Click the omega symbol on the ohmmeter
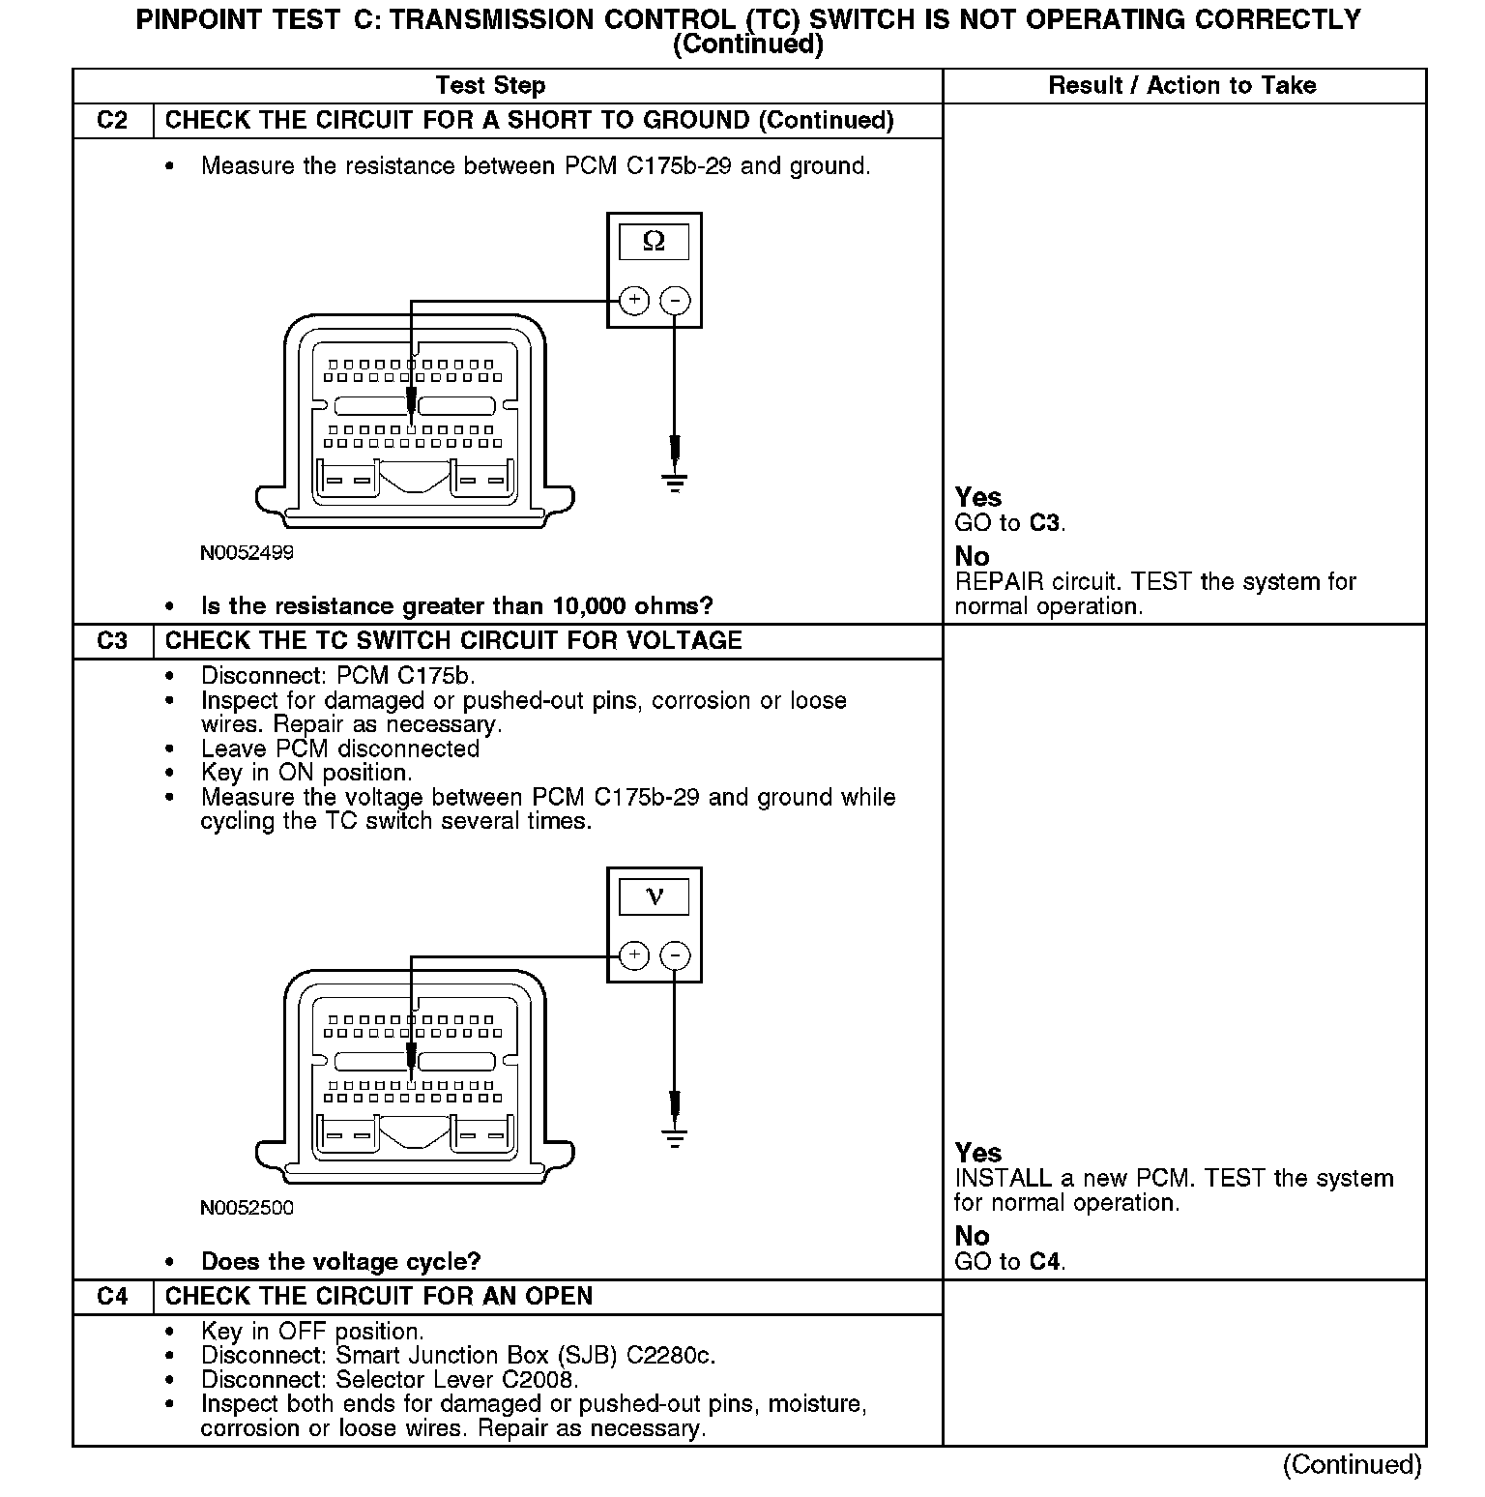654,242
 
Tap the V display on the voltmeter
654,897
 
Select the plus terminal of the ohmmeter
633,301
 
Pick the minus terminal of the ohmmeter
675,301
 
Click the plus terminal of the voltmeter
633,956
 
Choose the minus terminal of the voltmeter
675,956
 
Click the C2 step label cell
112,121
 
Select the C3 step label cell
112,641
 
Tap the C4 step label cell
112,1297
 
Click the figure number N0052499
247,553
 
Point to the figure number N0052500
247,1208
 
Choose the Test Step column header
490,86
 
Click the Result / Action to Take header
1181,86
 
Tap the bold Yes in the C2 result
977,497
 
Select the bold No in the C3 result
972,1236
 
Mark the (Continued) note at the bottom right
1352,1465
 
